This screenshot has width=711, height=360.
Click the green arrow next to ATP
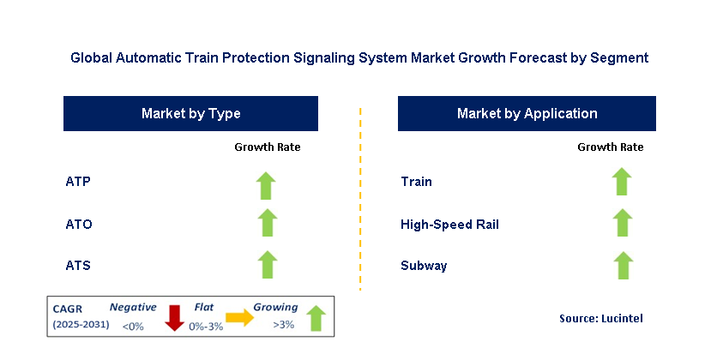267,184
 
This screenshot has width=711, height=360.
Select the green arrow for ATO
267,223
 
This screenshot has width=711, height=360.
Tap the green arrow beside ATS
267,265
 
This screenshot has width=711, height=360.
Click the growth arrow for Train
622,182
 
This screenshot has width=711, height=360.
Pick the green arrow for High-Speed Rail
622,223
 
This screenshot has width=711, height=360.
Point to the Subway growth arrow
622,265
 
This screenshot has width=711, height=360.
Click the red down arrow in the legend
174,316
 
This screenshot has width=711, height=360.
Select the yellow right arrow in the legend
239,318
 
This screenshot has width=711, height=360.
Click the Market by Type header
190,113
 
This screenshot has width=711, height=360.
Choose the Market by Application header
527,113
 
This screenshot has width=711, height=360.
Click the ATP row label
78,182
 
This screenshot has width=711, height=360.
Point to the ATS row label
78,266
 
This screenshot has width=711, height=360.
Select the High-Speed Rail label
449,225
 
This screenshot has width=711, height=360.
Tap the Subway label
424,266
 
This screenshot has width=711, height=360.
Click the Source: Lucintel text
600,318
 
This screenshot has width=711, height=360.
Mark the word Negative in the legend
133,306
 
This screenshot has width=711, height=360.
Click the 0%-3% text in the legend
207,326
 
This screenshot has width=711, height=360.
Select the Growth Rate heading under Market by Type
268,147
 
